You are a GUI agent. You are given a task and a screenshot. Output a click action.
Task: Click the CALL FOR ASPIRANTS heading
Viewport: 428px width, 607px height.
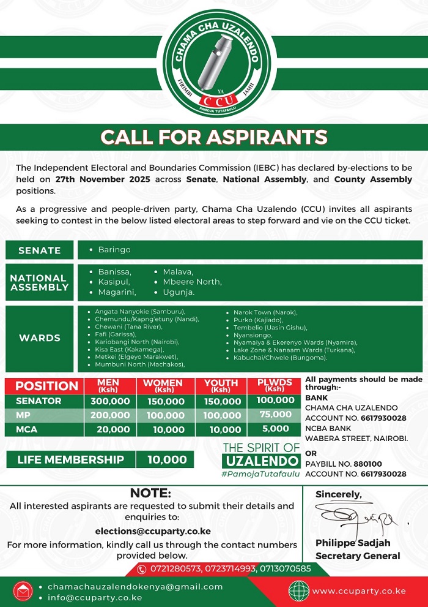(214, 137)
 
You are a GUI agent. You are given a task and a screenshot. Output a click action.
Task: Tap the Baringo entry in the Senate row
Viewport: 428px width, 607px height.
(114, 250)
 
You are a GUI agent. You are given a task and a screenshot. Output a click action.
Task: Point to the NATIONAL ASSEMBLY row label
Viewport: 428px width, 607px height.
(39, 282)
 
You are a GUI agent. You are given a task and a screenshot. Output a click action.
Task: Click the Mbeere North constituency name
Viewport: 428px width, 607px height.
(192, 282)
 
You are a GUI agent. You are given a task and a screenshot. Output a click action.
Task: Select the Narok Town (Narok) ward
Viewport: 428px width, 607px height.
(262, 312)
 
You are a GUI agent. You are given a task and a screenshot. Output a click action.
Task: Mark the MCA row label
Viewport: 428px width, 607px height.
(26, 429)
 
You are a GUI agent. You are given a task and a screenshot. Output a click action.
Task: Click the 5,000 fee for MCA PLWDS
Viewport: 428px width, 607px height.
(275, 429)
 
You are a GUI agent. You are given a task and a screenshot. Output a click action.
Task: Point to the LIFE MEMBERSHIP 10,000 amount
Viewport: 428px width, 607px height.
(166, 459)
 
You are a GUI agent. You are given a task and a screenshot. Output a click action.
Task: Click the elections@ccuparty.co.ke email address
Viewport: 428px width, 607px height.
(152, 531)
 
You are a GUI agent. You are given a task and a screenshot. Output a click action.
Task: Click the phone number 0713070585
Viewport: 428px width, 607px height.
(286, 568)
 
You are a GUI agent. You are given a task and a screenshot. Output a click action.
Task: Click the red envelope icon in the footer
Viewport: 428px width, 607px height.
(23, 592)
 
